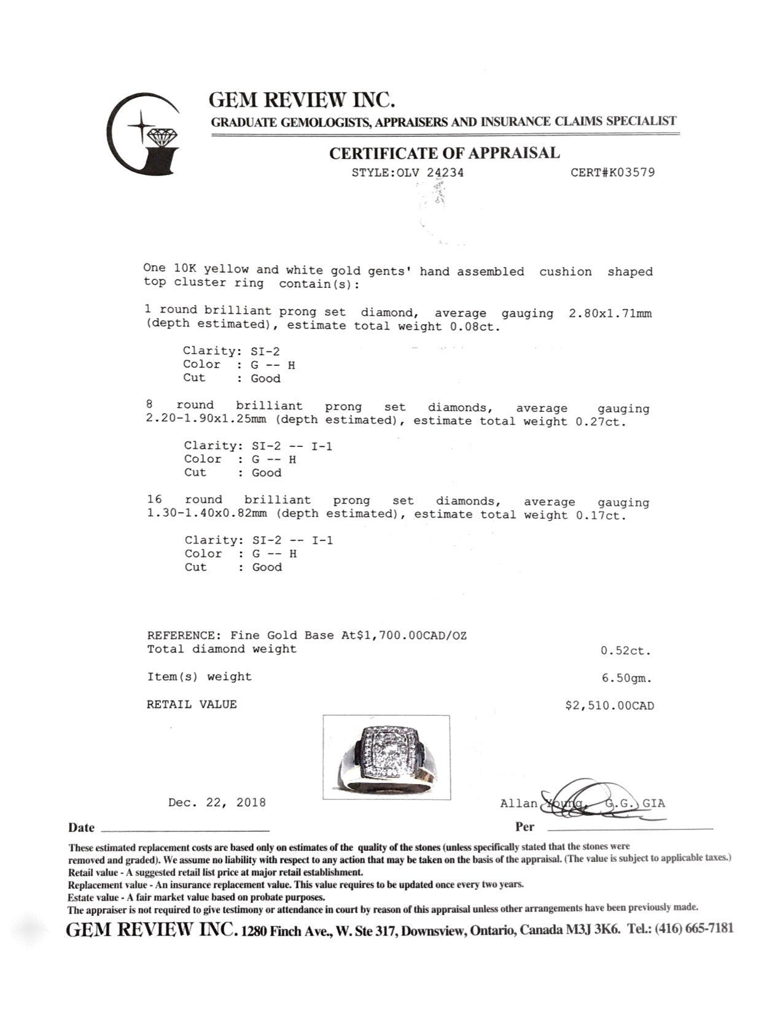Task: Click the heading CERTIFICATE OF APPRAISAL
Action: (444, 153)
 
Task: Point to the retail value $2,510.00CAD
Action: (609, 705)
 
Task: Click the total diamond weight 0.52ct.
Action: (625, 651)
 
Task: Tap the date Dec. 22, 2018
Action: (217, 802)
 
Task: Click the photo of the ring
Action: (386, 757)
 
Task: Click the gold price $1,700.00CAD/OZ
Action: (411, 636)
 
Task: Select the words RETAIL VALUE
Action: (191, 705)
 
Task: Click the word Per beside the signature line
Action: (524, 826)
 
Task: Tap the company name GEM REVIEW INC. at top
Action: (302, 99)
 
